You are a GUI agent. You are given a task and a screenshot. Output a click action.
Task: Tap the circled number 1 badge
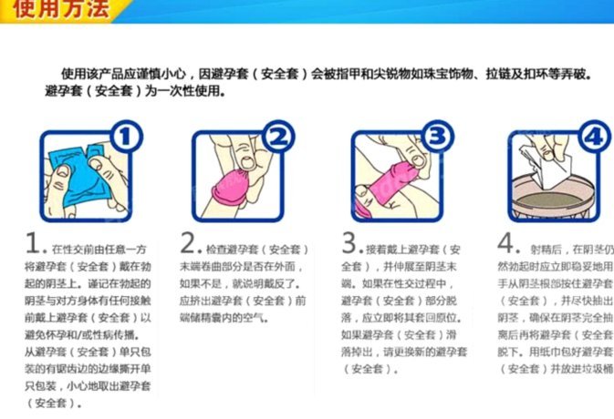pyautogui.click(x=127, y=138)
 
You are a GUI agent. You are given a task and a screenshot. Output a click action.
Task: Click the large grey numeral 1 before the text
pyautogui.click(x=34, y=243)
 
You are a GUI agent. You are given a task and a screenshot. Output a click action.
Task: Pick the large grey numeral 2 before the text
pyautogui.click(x=189, y=243)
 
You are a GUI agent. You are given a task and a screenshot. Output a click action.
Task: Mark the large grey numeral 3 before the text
pyautogui.click(x=352, y=243)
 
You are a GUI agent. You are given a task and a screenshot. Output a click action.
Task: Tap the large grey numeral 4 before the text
pyautogui.click(x=508, y=243)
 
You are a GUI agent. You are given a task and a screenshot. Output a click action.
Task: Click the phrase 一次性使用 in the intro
pyautogui.click(x=189, y=91)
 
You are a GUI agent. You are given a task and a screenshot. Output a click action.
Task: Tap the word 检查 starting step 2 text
pyautogui.click(x=215, y=248)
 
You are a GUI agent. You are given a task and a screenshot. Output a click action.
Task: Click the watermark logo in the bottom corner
pyautogui.click(x=584, y=405)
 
